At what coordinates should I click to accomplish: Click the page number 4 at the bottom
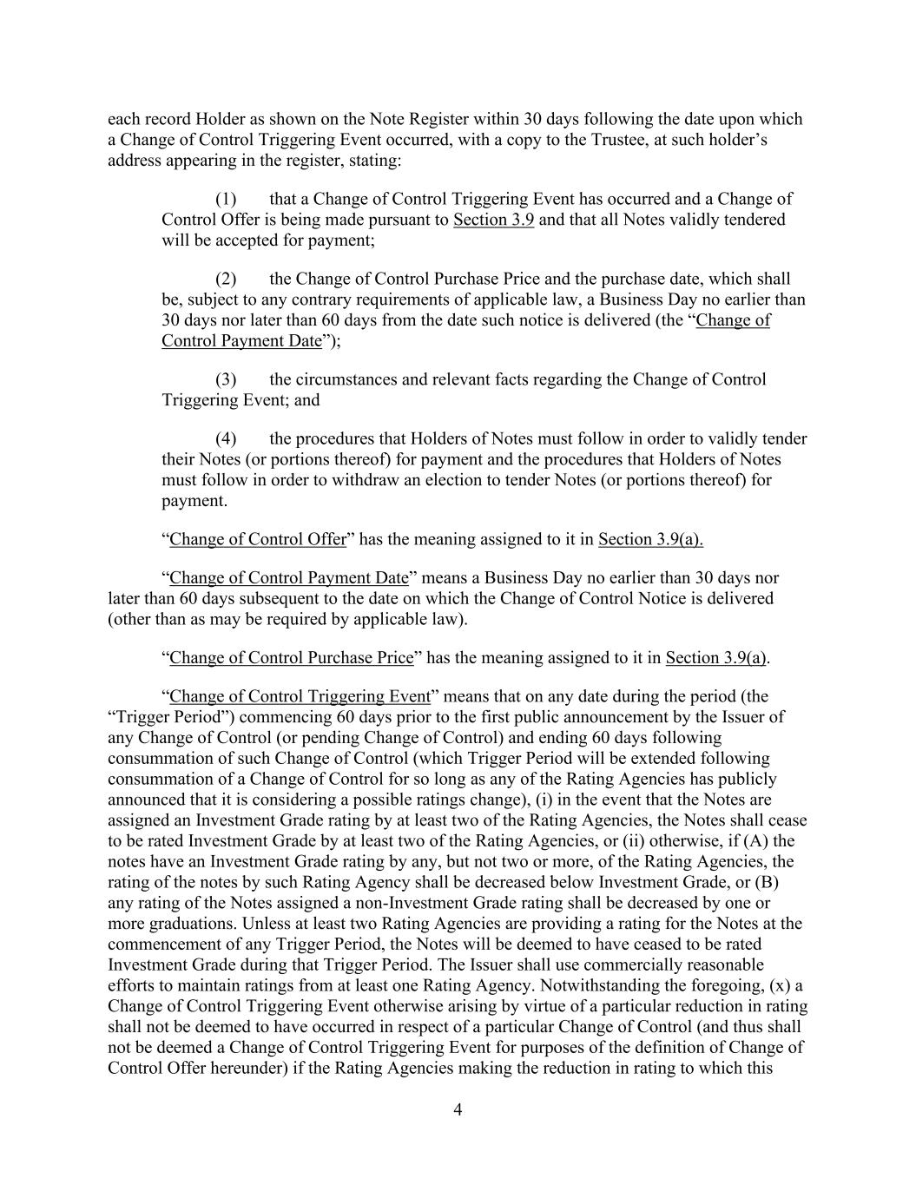pos(458,1109)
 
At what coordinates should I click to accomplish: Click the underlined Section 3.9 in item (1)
pos(493,220)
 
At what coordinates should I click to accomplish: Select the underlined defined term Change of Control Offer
pos(258,539)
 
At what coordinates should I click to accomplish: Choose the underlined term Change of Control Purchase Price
pos(292,658)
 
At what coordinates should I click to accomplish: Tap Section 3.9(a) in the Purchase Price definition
pos(716,658)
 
